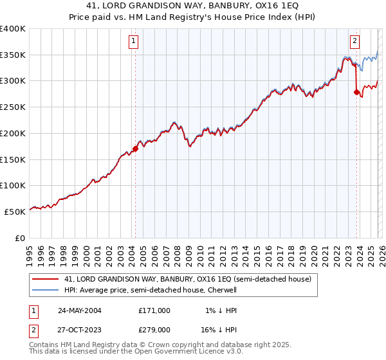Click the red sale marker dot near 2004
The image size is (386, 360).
135,148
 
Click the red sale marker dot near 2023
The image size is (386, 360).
356,92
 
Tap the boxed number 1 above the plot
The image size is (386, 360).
133,42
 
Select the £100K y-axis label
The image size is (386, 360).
13,185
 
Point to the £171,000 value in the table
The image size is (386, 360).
154,310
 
